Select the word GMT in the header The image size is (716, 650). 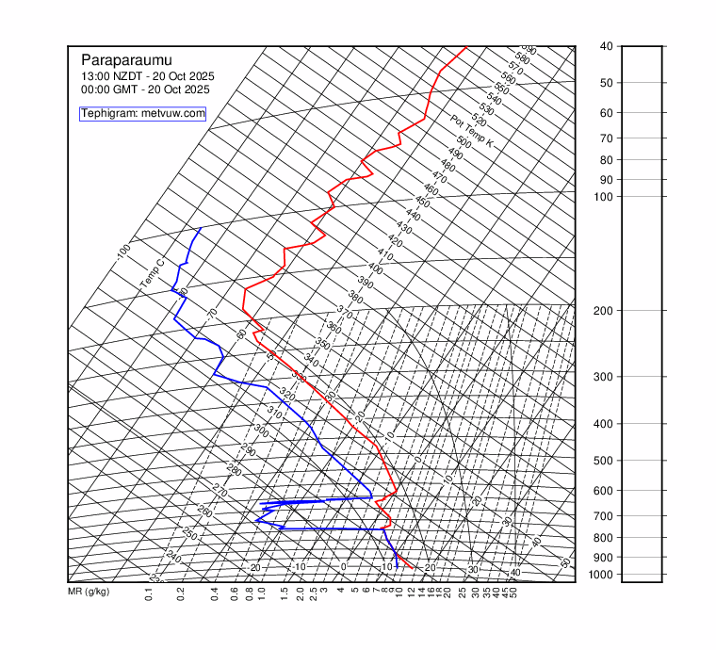coord(127,89)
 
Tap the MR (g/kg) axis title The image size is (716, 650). coord(89,592)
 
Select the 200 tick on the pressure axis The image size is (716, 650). coord(606,311)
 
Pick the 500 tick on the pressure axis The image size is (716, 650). coord(606,461)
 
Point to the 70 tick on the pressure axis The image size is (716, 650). coord(606,138)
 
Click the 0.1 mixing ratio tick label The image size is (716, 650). coord(149,593)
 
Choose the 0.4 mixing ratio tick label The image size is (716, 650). coord(215,593)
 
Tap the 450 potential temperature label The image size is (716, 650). coord(422,203)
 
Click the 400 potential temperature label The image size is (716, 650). coord(375,268)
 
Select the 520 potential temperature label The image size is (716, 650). coord(479,121)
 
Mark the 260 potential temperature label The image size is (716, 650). coord(205,511)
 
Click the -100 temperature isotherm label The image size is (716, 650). coord(123,252)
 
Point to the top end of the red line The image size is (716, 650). coord(466,47)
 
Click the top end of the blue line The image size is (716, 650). coord(201,228)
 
